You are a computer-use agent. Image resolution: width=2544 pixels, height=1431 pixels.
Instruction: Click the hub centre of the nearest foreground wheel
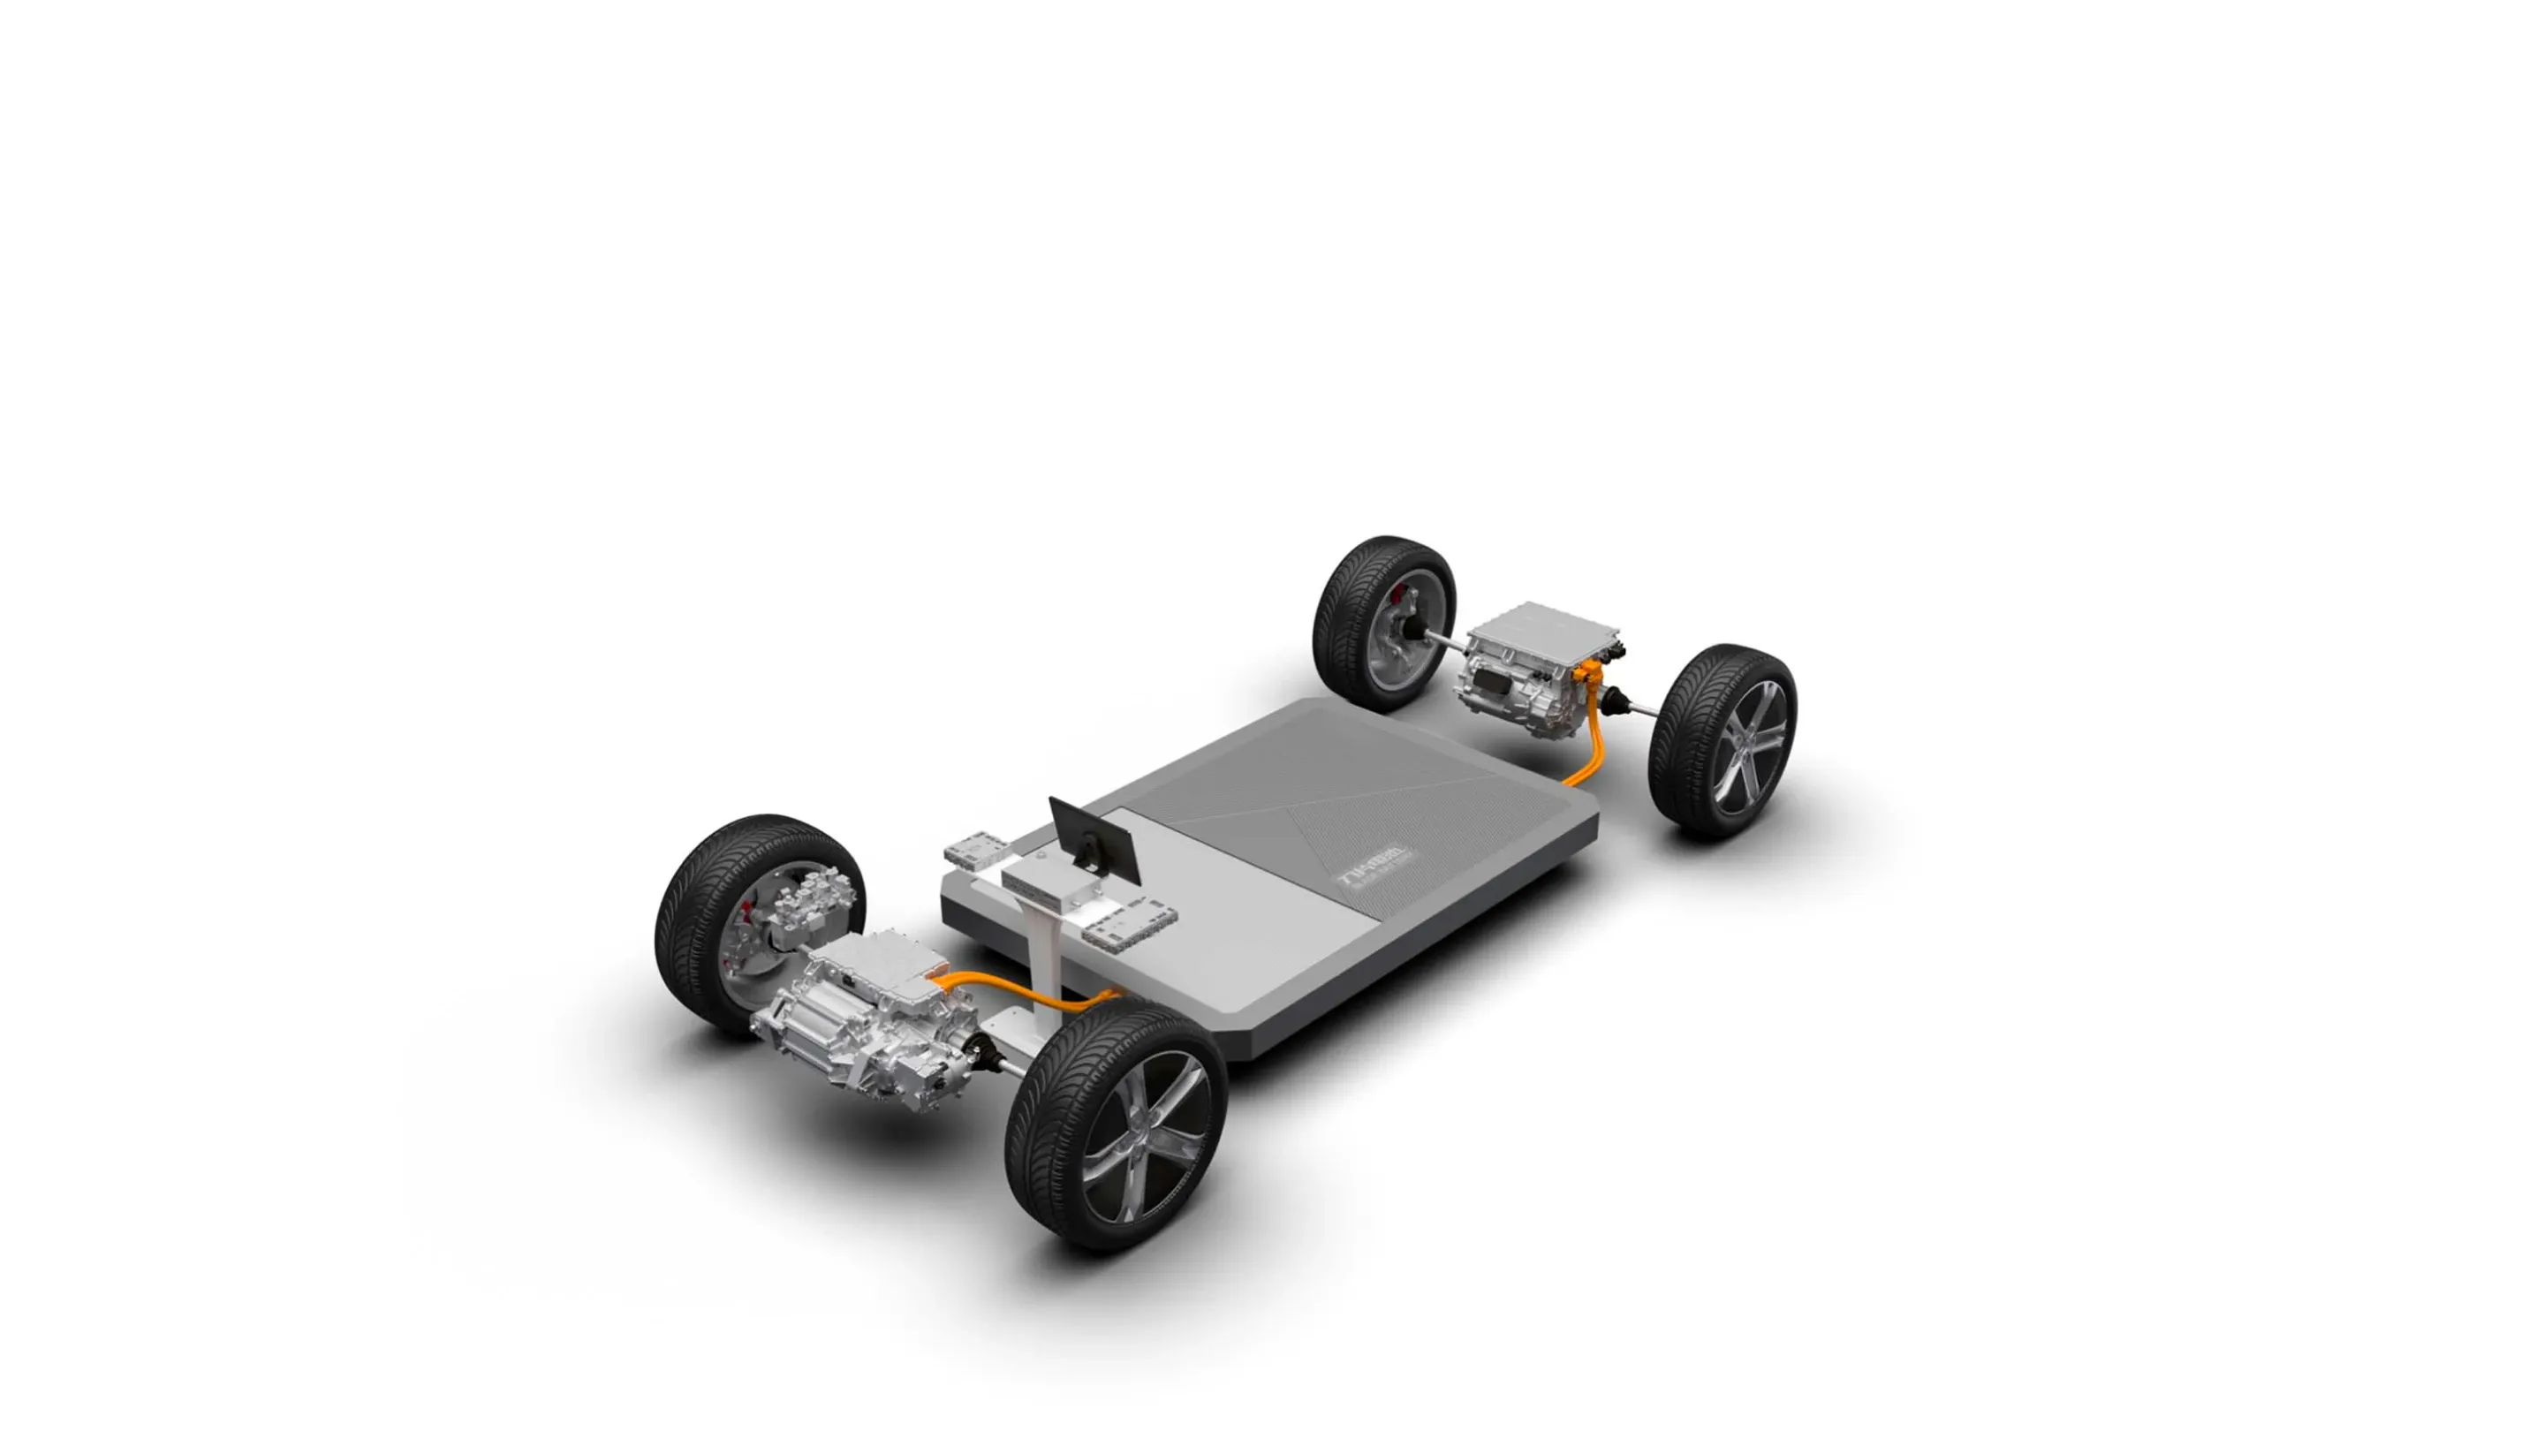[x=1147, y=1136]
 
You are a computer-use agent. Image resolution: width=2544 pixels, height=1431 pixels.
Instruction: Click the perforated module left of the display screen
[x=976, y=852]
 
